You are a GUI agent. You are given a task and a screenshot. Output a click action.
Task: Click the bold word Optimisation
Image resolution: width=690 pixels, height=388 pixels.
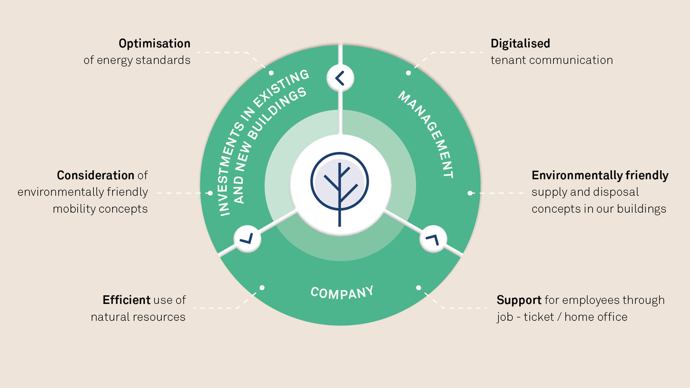(154, 44)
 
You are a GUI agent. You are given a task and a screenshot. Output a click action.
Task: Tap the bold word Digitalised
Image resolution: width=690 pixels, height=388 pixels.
(520, 44)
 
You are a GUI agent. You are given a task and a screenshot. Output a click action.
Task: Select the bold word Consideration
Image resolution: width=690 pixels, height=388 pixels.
(95, 175)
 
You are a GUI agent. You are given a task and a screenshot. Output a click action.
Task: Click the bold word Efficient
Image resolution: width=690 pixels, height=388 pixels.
(126, 300)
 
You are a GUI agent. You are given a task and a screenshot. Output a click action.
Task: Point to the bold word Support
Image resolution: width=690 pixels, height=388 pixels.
(519, 300)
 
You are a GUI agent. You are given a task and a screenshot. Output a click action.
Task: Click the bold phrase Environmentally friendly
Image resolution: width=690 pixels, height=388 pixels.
(600, 176)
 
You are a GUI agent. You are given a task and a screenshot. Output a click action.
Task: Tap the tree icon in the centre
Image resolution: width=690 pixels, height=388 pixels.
(340, 189)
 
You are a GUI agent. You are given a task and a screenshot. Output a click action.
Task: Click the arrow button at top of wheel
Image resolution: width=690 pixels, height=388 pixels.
(340, 78)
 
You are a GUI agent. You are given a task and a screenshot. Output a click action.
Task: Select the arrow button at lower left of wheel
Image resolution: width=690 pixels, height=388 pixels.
(247, 239)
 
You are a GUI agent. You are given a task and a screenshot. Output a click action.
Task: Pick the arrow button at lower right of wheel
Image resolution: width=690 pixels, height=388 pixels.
(433, 239)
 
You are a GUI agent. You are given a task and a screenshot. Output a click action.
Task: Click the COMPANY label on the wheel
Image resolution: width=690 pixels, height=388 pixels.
(342, 292)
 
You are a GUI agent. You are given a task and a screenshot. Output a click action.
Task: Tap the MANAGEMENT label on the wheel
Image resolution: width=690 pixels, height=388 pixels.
(426, 134)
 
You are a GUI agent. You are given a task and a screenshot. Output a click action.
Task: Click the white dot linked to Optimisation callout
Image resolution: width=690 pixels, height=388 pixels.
(271, 73)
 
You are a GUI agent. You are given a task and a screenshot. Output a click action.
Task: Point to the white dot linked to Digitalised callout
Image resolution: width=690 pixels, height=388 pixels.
(409, 73)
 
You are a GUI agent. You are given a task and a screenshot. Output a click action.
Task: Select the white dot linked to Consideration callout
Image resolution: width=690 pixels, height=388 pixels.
(210, 193)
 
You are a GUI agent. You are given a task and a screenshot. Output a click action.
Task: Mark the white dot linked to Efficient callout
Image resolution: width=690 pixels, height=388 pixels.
(262, 288)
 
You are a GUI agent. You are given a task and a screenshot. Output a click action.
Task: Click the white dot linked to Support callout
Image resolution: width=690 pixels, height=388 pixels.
(418, 288)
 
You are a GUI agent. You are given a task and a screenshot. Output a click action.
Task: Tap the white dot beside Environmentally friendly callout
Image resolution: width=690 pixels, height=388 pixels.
(470, 193)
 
